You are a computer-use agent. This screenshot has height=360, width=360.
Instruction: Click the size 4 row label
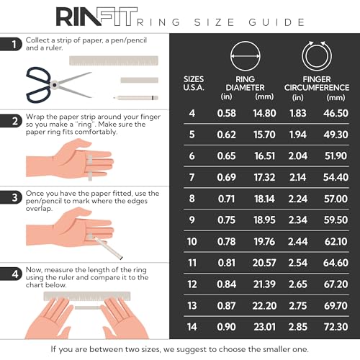[x=192, y=113]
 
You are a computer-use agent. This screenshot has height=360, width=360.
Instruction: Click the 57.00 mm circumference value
[x=336, y=197]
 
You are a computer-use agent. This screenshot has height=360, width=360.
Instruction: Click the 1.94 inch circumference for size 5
[x=299, y=134]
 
